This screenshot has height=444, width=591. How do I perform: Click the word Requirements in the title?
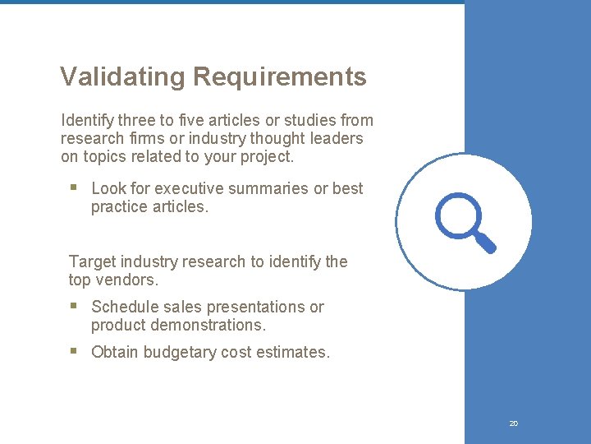coord(279,77)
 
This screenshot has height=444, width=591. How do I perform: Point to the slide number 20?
coord(514,423)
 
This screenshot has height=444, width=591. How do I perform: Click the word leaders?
coord(337,138)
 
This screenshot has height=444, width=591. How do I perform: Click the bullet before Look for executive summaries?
coord(73,187)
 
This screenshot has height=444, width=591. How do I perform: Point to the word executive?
coord(189,188)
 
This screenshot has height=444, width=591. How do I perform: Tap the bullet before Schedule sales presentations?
coord(73,306)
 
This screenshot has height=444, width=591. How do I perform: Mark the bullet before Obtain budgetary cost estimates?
coord(73,351)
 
